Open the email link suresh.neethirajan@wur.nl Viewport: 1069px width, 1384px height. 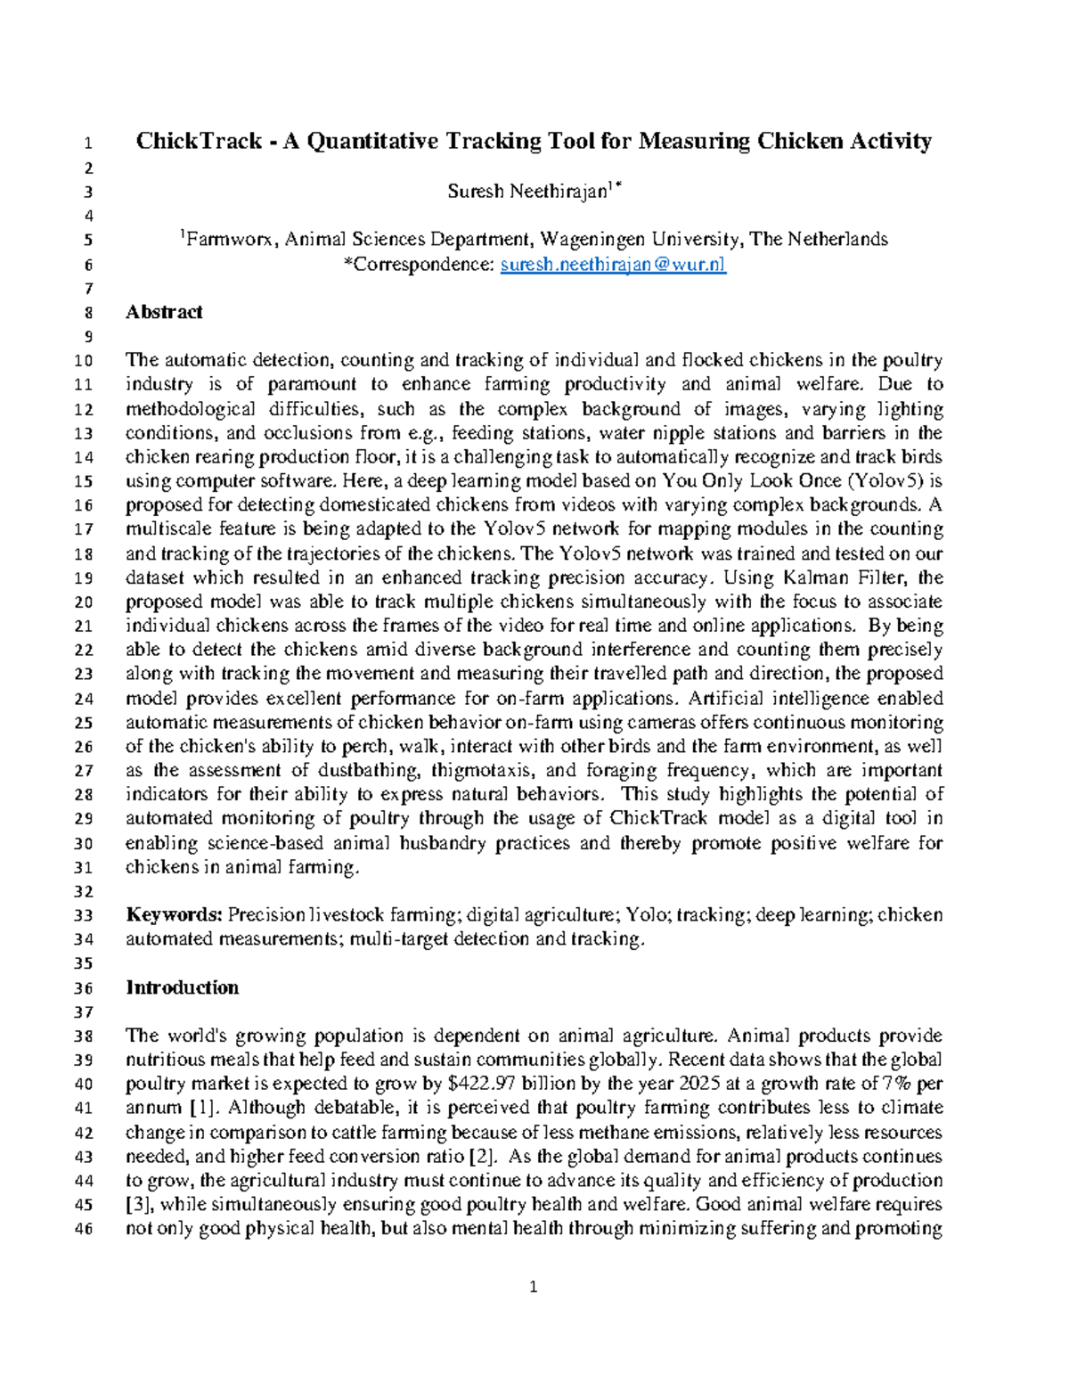(x=613, y=264)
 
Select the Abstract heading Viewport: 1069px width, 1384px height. (x=164, y=312)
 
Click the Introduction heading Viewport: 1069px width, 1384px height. (x=182, y=987)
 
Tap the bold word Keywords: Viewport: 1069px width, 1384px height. (x=174, y=915)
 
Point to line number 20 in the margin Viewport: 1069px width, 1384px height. (x=83, y=602)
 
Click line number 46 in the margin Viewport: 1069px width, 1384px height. (x=83, y=1229)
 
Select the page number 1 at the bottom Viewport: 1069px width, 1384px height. (x=534, y=1286)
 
